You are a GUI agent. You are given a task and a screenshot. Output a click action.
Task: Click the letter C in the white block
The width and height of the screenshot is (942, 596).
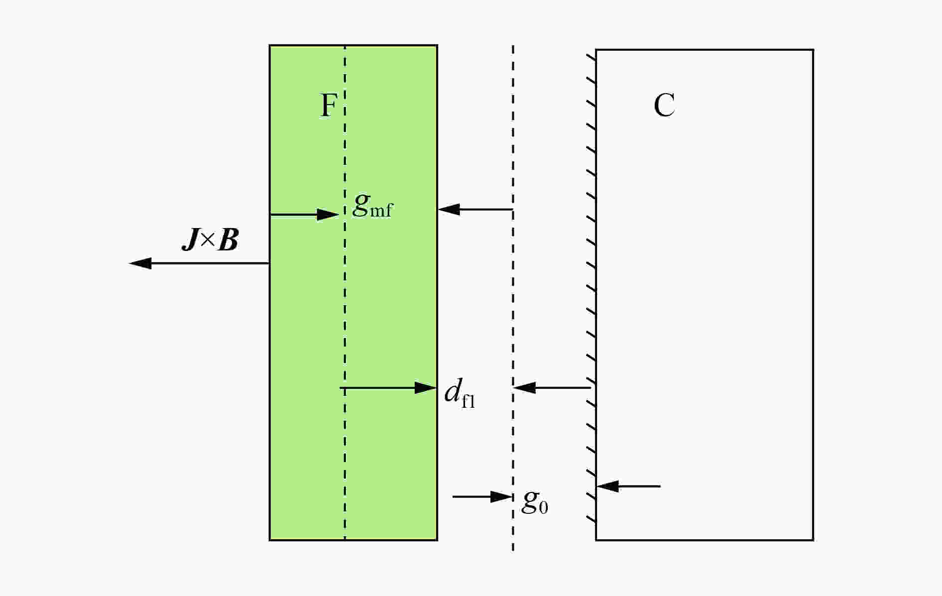[664, 105]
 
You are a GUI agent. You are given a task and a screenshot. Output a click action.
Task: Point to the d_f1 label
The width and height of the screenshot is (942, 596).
[460, 393]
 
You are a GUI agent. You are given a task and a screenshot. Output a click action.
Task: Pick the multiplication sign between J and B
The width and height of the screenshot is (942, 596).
[209, 241]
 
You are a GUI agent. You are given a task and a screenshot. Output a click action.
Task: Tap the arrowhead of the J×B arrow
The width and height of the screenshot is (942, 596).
[140, 263]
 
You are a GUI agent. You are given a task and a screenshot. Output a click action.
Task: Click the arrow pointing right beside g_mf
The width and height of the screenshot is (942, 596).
[305, 215]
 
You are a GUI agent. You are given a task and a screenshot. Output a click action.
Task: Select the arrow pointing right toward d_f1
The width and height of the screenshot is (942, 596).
[389, 387]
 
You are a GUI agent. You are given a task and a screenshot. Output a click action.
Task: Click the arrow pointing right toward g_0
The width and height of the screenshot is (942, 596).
[482, 496]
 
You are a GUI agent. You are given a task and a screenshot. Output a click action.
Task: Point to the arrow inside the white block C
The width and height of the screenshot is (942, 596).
[628, 486]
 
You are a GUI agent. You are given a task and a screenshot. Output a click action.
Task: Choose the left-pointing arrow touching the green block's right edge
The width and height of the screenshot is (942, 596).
[475, 209]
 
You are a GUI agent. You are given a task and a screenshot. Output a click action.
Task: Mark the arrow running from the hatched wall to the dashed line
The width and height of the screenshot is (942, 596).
[552, 387]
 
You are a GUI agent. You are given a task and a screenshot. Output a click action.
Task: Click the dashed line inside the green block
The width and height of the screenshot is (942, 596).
[345, 293]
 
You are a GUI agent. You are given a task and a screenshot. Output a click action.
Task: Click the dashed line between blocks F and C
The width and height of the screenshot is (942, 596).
[513, 298]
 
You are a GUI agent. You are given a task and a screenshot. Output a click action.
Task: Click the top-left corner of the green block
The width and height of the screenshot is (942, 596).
[270, 45]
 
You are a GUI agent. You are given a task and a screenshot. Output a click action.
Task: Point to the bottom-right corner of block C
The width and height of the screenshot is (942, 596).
[813, 540]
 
